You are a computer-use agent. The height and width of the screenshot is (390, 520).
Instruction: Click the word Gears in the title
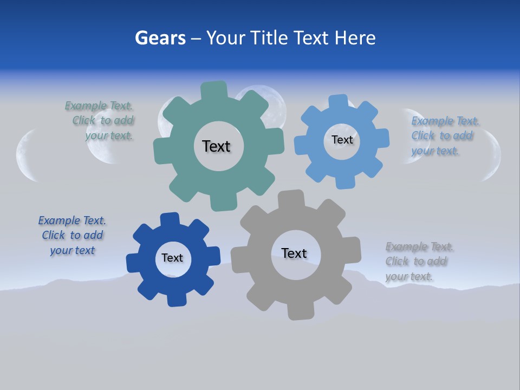tap(160, 38)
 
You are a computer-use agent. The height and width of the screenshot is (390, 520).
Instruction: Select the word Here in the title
tap(355, 38)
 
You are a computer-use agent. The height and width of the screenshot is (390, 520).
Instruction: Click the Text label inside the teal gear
tap(216, 146)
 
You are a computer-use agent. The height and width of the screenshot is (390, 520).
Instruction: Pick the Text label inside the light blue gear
tap(342, 140)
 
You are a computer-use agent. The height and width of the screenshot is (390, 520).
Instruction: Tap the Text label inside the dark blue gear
tap(172, 258)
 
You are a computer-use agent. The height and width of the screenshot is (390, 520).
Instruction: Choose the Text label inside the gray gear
tap(294, 253)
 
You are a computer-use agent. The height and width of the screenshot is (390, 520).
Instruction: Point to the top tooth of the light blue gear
tap(339, 102)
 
